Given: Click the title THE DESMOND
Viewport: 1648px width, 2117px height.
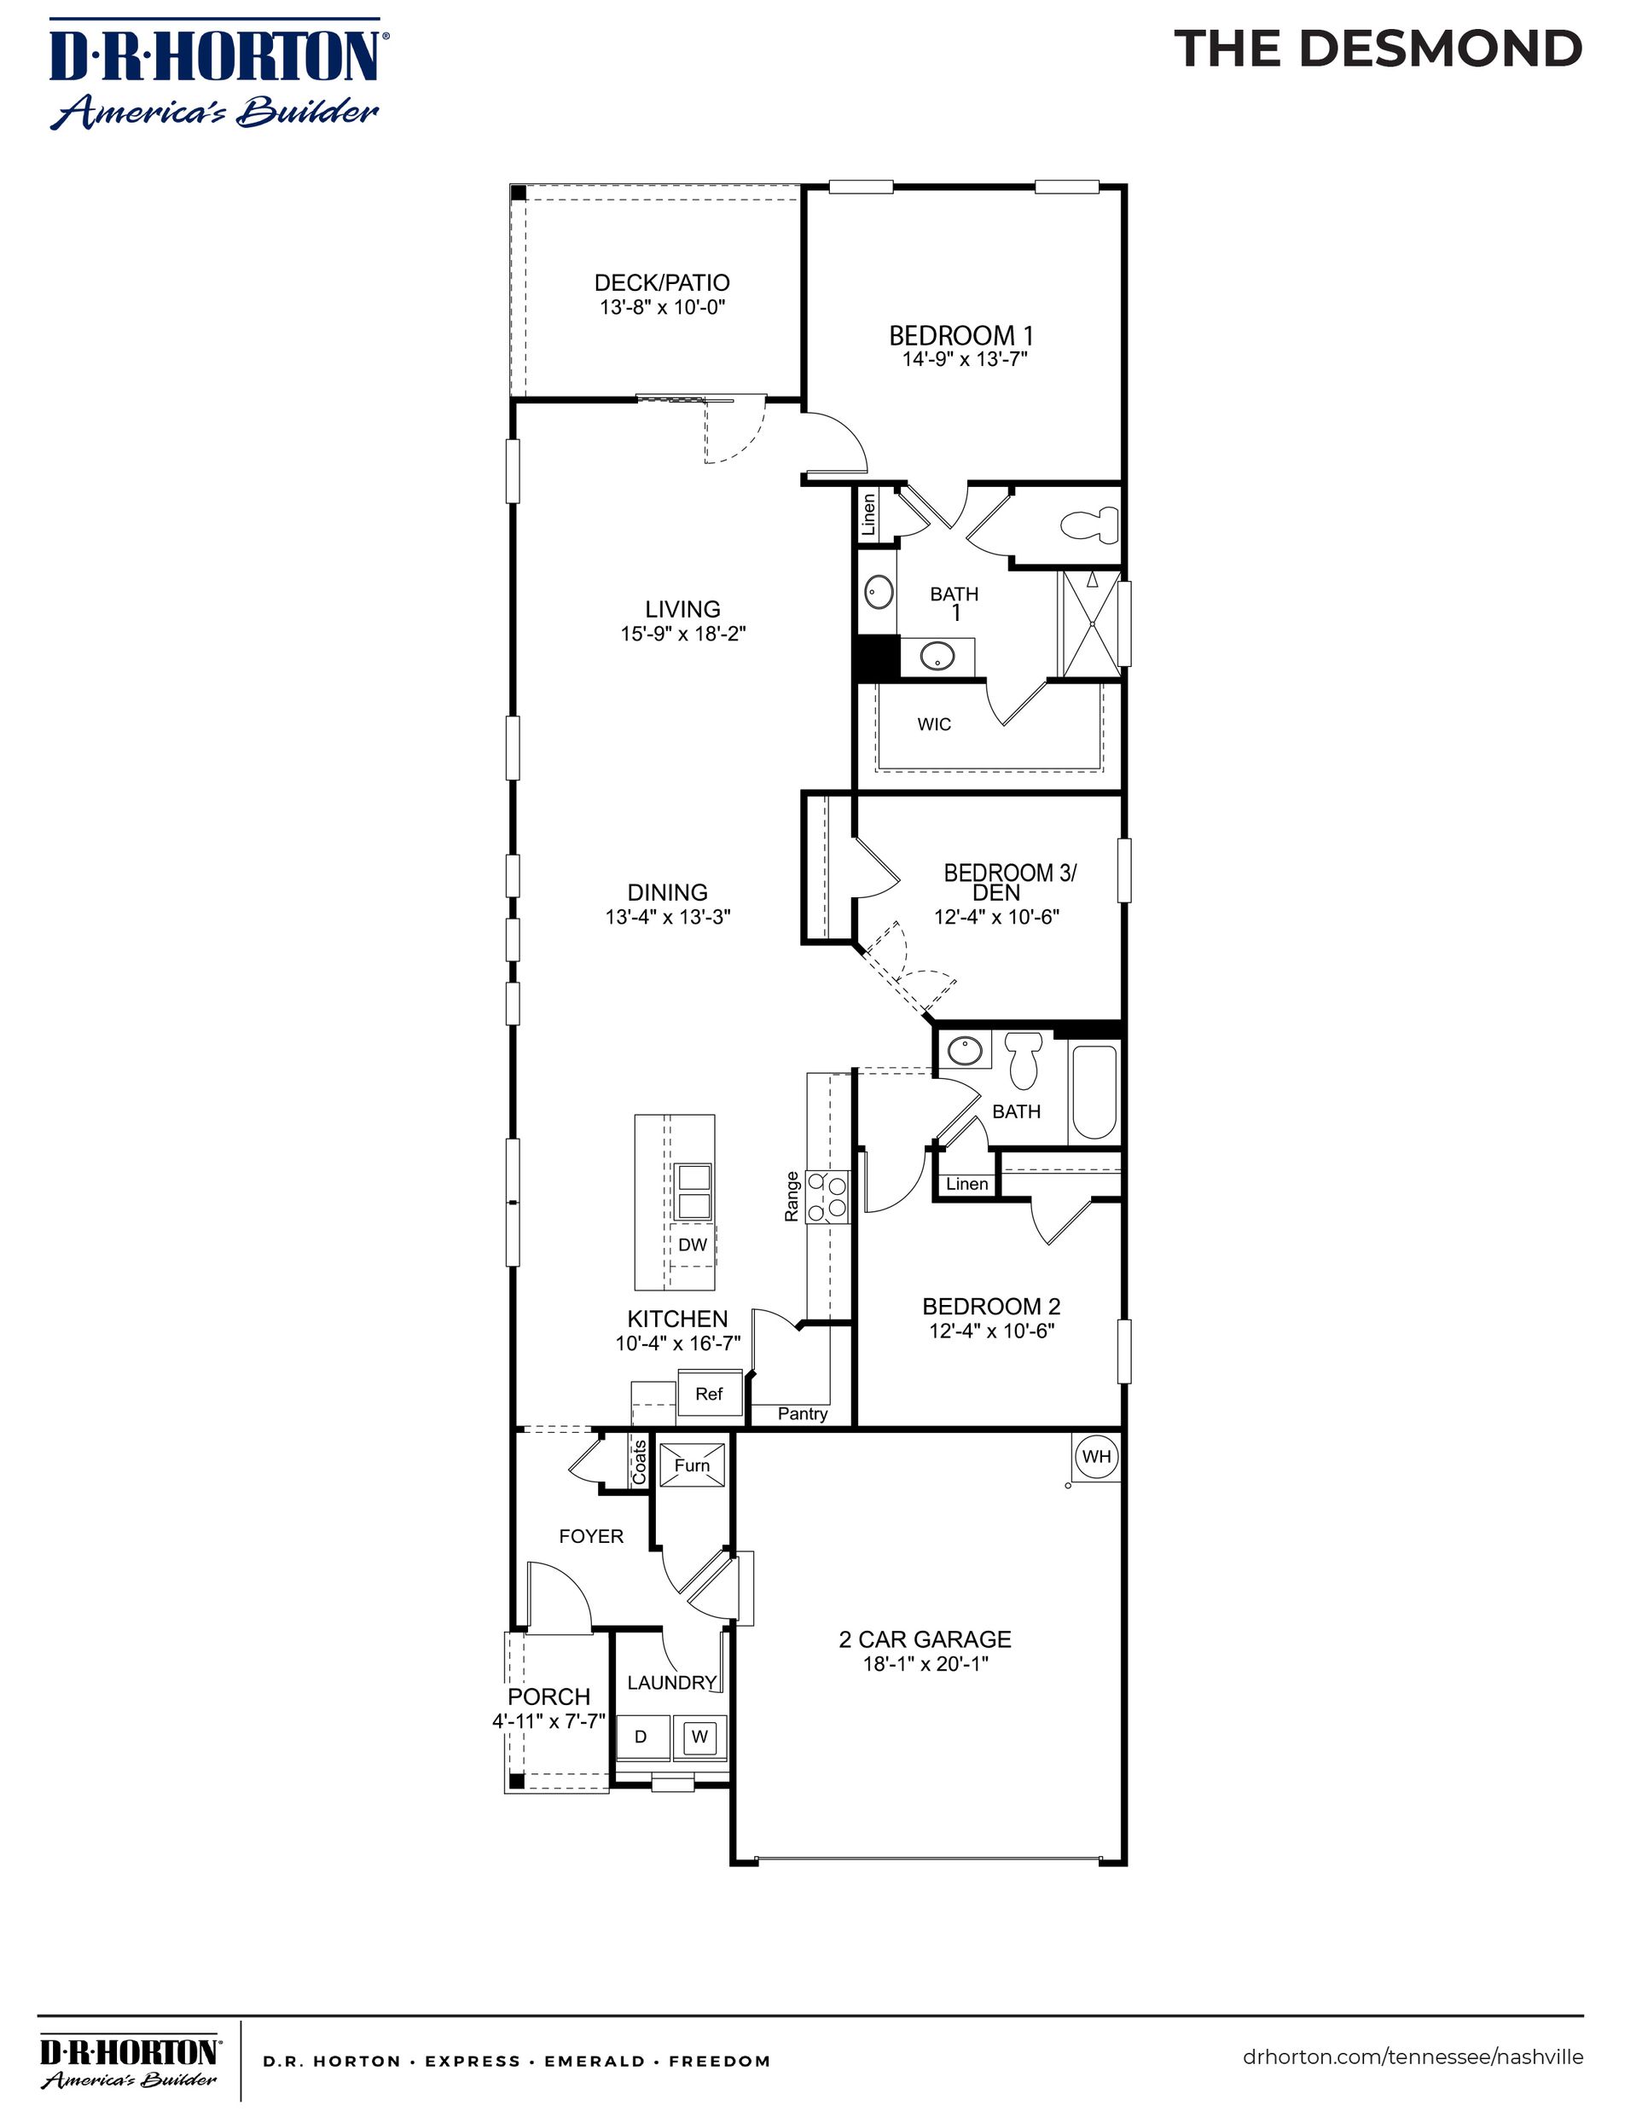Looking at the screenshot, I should tap(1378, 49).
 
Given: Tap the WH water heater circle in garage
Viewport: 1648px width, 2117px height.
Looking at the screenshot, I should tap(1096, 1457).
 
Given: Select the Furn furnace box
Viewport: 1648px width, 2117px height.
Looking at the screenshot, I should tap(691, 1465).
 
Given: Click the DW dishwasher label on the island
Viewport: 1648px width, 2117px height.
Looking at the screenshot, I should tap(692, 1244).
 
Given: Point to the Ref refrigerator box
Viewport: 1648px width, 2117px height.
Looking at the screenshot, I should tap(709, 1394).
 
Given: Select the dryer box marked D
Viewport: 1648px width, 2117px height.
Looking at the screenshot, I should tap(641, 1737).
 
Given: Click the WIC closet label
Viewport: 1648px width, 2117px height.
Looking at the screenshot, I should tap(935, 724).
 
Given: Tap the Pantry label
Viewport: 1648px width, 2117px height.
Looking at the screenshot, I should tap(803, 1413).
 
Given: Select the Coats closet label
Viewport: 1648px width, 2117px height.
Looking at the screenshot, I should tap(640, 1463).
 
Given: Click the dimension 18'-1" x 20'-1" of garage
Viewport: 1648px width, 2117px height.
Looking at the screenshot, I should tap(925, 1664).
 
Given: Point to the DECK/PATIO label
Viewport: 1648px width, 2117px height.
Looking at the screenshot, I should tap(662, 283).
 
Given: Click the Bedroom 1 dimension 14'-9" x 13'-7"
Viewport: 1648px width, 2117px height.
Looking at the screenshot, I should tap(964, 360).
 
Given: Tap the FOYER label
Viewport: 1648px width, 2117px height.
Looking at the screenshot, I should tap(591, 1536).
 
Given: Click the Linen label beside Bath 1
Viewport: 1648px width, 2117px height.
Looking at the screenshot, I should tap(869, 513).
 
